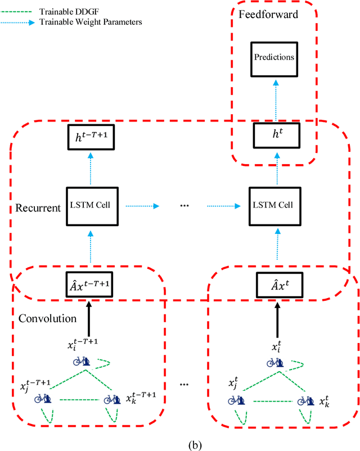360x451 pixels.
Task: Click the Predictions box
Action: click(x=276, y=57)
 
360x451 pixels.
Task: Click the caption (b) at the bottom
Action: click(x=179, y=442)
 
